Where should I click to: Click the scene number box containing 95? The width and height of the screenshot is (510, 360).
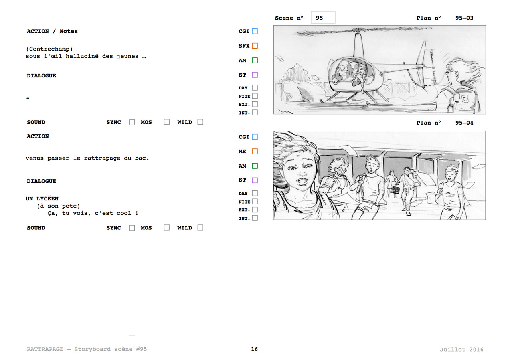coord(323,17)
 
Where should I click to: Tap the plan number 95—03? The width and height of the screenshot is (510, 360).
coord(464,18)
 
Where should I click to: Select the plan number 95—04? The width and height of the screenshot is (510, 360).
coord(464,123)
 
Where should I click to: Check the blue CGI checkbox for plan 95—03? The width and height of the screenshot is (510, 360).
coord(255,31)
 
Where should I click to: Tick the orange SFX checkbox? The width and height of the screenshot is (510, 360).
coord(255,46)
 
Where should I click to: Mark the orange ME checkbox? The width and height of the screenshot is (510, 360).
coord(255,152)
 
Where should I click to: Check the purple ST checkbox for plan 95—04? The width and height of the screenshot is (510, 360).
coord(255,180)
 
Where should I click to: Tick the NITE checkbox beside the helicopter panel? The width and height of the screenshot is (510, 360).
coord(255,96)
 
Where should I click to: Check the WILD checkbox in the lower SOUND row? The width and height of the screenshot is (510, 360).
coord(200,228)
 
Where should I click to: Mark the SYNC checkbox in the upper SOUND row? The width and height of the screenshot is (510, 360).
coord(132,122)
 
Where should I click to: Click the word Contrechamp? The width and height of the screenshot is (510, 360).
coord(49,49)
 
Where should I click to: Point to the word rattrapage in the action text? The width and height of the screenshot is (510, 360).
coord(102,158)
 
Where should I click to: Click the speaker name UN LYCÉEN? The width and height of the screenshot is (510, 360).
coord(42,198)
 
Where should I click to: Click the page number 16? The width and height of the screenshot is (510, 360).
coord(254,349)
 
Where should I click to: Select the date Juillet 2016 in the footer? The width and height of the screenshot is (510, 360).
coord(461,350)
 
